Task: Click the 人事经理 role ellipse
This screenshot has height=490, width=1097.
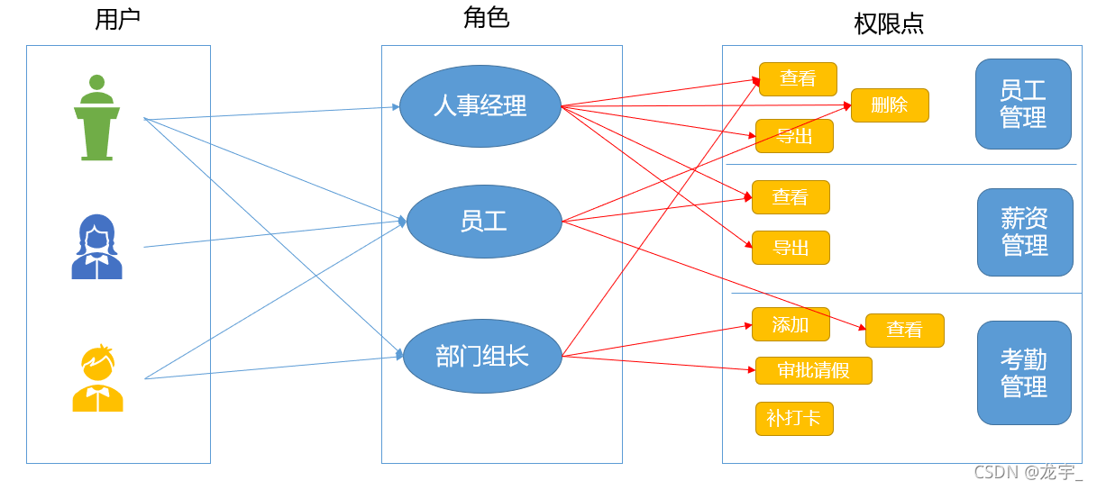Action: (480, 106)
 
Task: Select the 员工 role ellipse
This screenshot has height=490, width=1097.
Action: (484, 222)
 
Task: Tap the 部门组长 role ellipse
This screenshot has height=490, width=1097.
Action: (482, 356)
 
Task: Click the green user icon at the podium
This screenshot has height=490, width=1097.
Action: (96, 117)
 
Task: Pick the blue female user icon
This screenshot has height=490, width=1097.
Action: (96, 247)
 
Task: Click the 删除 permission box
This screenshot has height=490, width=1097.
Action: (890, 105)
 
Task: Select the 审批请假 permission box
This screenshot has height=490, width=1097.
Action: (814, 370)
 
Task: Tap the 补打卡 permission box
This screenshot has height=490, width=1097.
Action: (794, 419)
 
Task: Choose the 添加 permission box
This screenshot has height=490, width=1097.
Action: (791, 324)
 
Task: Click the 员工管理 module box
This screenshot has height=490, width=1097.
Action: (1023, 104)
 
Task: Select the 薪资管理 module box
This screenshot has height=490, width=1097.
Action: (1025, 232)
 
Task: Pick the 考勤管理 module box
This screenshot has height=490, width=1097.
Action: (1024, 373)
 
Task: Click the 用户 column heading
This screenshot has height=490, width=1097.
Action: (117, 20)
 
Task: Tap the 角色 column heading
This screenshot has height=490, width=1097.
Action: (487, 17)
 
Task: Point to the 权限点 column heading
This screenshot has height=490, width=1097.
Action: (889, 23)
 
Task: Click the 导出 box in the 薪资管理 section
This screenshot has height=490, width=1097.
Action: (791, 248)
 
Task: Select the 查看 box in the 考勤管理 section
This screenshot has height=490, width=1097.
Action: (904, 331)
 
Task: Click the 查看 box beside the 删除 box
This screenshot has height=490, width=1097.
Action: (798, 79)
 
